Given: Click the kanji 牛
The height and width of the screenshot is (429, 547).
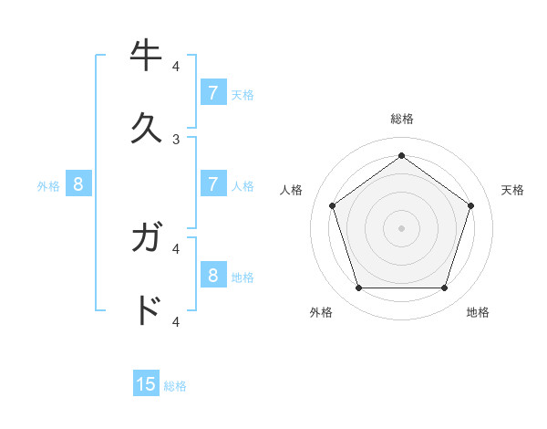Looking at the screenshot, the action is pos(147,57).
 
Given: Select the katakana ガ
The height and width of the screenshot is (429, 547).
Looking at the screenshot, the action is pos(147,238).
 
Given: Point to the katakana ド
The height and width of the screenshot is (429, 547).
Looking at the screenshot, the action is pos(147,311).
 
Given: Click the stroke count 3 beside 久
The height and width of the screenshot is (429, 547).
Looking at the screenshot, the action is pos(176,139).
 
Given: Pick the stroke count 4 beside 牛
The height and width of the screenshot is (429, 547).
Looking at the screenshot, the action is pos(176,66).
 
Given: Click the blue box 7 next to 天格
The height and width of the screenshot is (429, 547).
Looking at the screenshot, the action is pos(213,92).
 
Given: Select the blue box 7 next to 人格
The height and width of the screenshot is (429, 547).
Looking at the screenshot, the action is pos(213,183).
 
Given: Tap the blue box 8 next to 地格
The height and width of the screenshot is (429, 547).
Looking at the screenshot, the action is pos(213,275).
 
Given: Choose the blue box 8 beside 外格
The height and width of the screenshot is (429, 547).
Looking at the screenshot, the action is pos(78,183).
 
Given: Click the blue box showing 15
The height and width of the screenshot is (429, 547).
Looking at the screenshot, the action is pos(146,384).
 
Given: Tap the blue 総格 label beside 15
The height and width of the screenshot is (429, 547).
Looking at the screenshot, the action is pos(175,386).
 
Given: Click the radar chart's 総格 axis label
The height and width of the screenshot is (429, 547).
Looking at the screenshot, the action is pos(401,120).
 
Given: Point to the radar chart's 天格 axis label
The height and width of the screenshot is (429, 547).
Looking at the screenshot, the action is pos(512,190).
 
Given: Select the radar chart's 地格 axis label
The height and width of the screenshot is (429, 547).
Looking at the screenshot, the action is pos(478,313).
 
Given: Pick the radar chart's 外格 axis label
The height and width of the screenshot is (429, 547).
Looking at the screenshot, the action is pos(321,313).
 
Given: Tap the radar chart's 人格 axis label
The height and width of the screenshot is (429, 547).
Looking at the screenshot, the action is pos(292,190).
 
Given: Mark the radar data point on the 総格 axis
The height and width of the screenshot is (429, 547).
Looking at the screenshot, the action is pos(401,156).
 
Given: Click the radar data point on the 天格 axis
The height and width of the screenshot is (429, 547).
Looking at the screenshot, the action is pos(470,205).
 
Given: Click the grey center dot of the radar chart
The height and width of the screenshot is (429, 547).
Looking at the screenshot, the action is pos(401,227).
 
